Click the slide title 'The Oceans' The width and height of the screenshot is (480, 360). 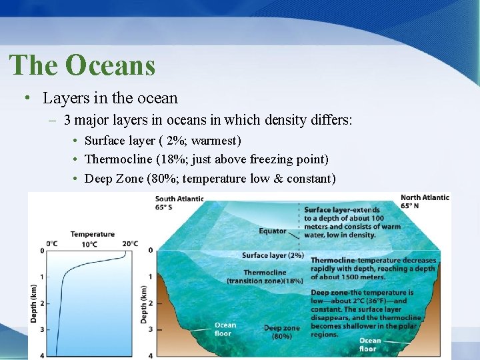click(x=82, y=65)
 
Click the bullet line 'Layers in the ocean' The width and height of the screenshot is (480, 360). click(x=110, y=99)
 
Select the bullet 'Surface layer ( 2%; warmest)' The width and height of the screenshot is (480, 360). click(x=163, y=141)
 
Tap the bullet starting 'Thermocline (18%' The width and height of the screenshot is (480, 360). click(x=207, y=160)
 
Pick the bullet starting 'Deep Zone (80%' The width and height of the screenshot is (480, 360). click(x=210, y=179)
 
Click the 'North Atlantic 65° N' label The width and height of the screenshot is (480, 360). click(x=425, y=201)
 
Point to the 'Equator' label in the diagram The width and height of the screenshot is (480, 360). click(x=273, y=231)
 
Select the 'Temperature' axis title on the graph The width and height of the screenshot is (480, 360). click(x=93, y=234)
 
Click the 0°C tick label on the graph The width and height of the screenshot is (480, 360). click(x=53, y=243)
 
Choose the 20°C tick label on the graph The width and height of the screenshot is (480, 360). click(x=130, y=243)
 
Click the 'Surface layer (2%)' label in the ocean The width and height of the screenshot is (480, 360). click(x=273, y=255)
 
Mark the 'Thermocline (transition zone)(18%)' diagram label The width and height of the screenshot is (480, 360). click(x=265, y=277)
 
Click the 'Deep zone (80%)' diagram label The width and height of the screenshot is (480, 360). click(x=281, y=332)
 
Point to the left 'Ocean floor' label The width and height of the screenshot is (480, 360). click(x=225, y=329)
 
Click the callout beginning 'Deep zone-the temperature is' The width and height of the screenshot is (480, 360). click(x=366, y=313)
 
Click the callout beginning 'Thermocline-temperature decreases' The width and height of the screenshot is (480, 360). click(x=373, y=269)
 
